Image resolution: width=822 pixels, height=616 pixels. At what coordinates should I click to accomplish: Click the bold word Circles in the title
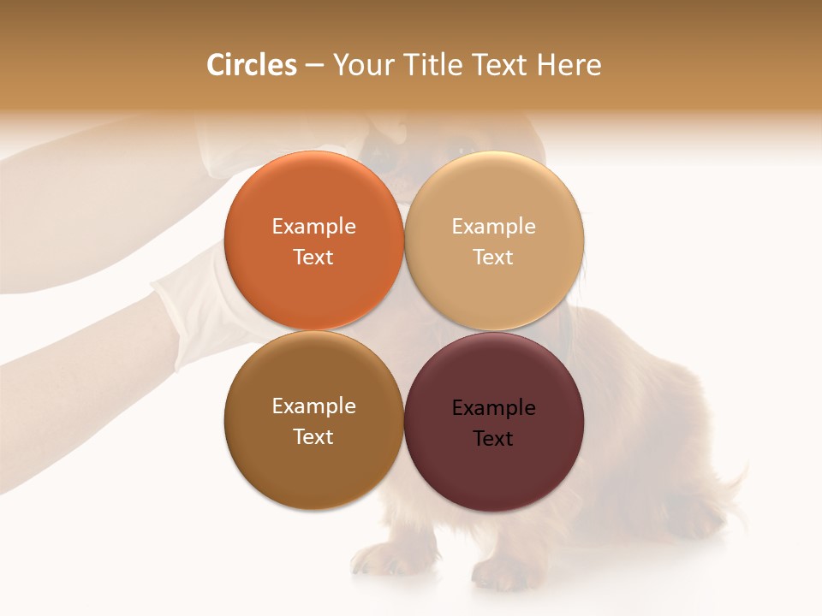(251, 65)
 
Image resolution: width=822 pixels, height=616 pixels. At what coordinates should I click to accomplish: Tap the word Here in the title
(569, 65)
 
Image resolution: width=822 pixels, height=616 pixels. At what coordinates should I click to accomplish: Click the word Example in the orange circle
(313, 227)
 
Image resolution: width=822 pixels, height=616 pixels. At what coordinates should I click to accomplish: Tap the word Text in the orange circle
(313, 258)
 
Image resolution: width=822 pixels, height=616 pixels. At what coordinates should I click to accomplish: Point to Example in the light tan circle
(493, 227)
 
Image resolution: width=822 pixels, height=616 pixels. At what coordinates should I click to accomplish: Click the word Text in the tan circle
(493, 258)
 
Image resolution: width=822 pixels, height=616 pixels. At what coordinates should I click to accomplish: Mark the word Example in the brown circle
(313, 406)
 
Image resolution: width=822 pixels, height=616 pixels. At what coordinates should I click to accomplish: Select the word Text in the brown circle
(313, 437)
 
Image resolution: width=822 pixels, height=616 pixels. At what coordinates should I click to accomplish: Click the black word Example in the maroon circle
(493, 408)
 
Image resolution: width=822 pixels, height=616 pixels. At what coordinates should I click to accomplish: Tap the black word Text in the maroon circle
(493, 439)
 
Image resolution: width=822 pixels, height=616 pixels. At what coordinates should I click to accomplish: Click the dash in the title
(314, 66)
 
